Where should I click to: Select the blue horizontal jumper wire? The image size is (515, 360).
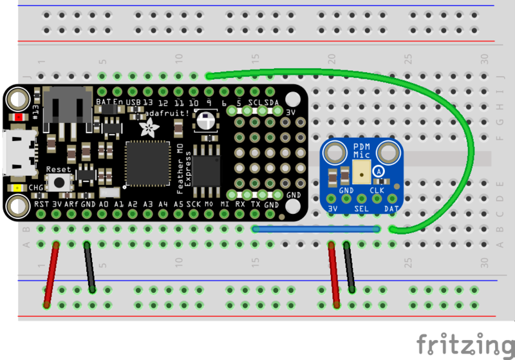315,228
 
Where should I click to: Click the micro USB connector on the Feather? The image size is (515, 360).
15,152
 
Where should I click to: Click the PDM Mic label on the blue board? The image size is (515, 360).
362,151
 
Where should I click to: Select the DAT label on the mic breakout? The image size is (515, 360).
391,209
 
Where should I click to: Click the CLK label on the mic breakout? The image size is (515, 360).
377,191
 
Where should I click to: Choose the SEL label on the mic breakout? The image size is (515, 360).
362,209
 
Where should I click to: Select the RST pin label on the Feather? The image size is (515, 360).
41,204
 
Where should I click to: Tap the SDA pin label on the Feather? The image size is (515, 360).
271,102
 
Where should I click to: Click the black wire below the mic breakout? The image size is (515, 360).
349,267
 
